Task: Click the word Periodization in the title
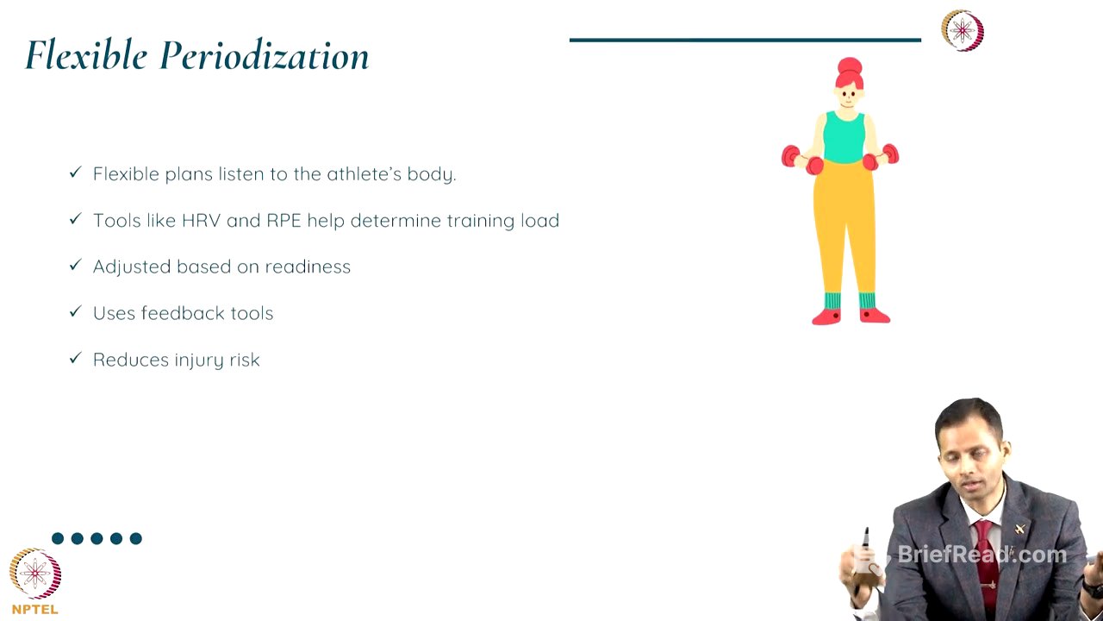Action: pyautogui.click(x=265, y=56)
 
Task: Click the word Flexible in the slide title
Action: pyautogui.click(x=86, y=56)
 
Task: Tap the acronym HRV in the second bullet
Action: pyautogui.click(x=202, y=221)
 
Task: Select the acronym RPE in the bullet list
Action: pyautogui.click(x=284, y=221)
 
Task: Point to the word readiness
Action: pyautogui.click(x=308, y=267)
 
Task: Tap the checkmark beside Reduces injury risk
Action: pyautogui.click(x=75, y=359)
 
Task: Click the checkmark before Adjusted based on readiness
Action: pyautogui.click(x=75, y=266)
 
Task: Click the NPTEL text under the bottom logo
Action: pyautogui.click(x=35, y=610)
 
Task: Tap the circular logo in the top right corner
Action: pyautogui.click(x=962, y=31)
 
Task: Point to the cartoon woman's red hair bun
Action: pyautogui.click(x=850, y=66)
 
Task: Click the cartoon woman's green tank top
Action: pyautogui.click(x=844, y=138)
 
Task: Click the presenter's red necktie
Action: pyautogui.click(x=985, y=561)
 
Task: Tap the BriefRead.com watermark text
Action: pyautogui.click(x=981, y=555)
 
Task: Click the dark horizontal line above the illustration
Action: pyautogui.click(x=745, y=40)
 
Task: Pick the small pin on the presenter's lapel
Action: pyautogui.click(x=1020, y=529)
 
